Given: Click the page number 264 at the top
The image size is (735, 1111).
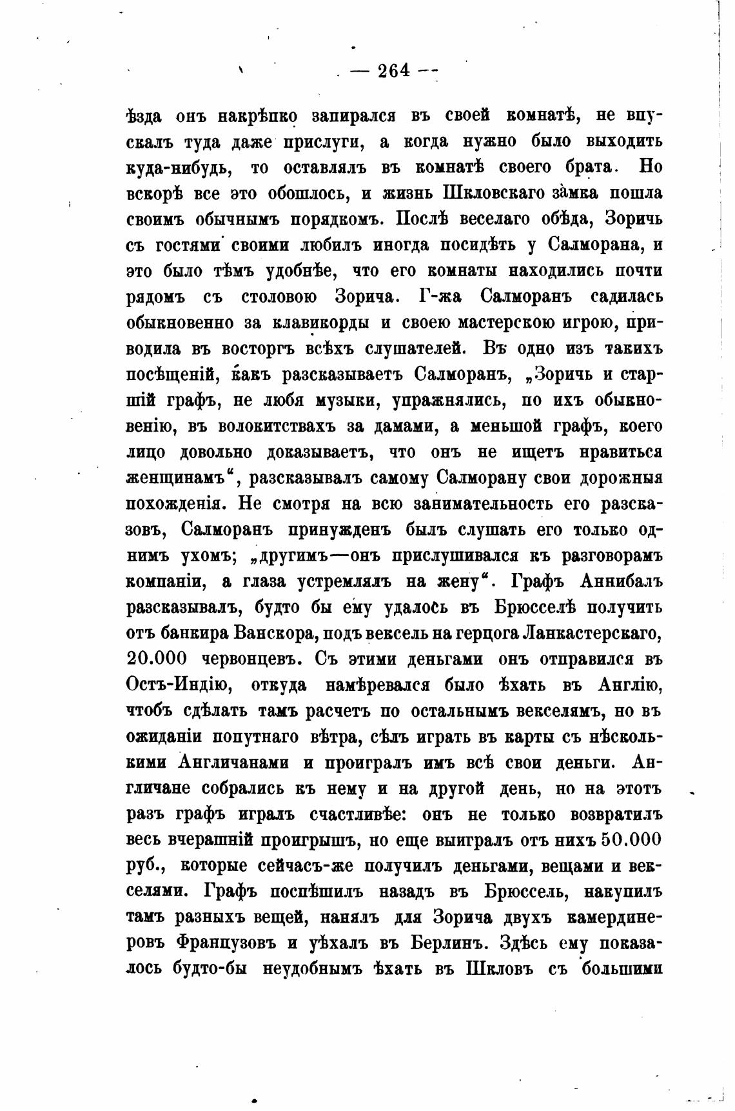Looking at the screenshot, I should click(394, 70).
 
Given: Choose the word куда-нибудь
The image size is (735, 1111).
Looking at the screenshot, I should click(178, 167).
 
